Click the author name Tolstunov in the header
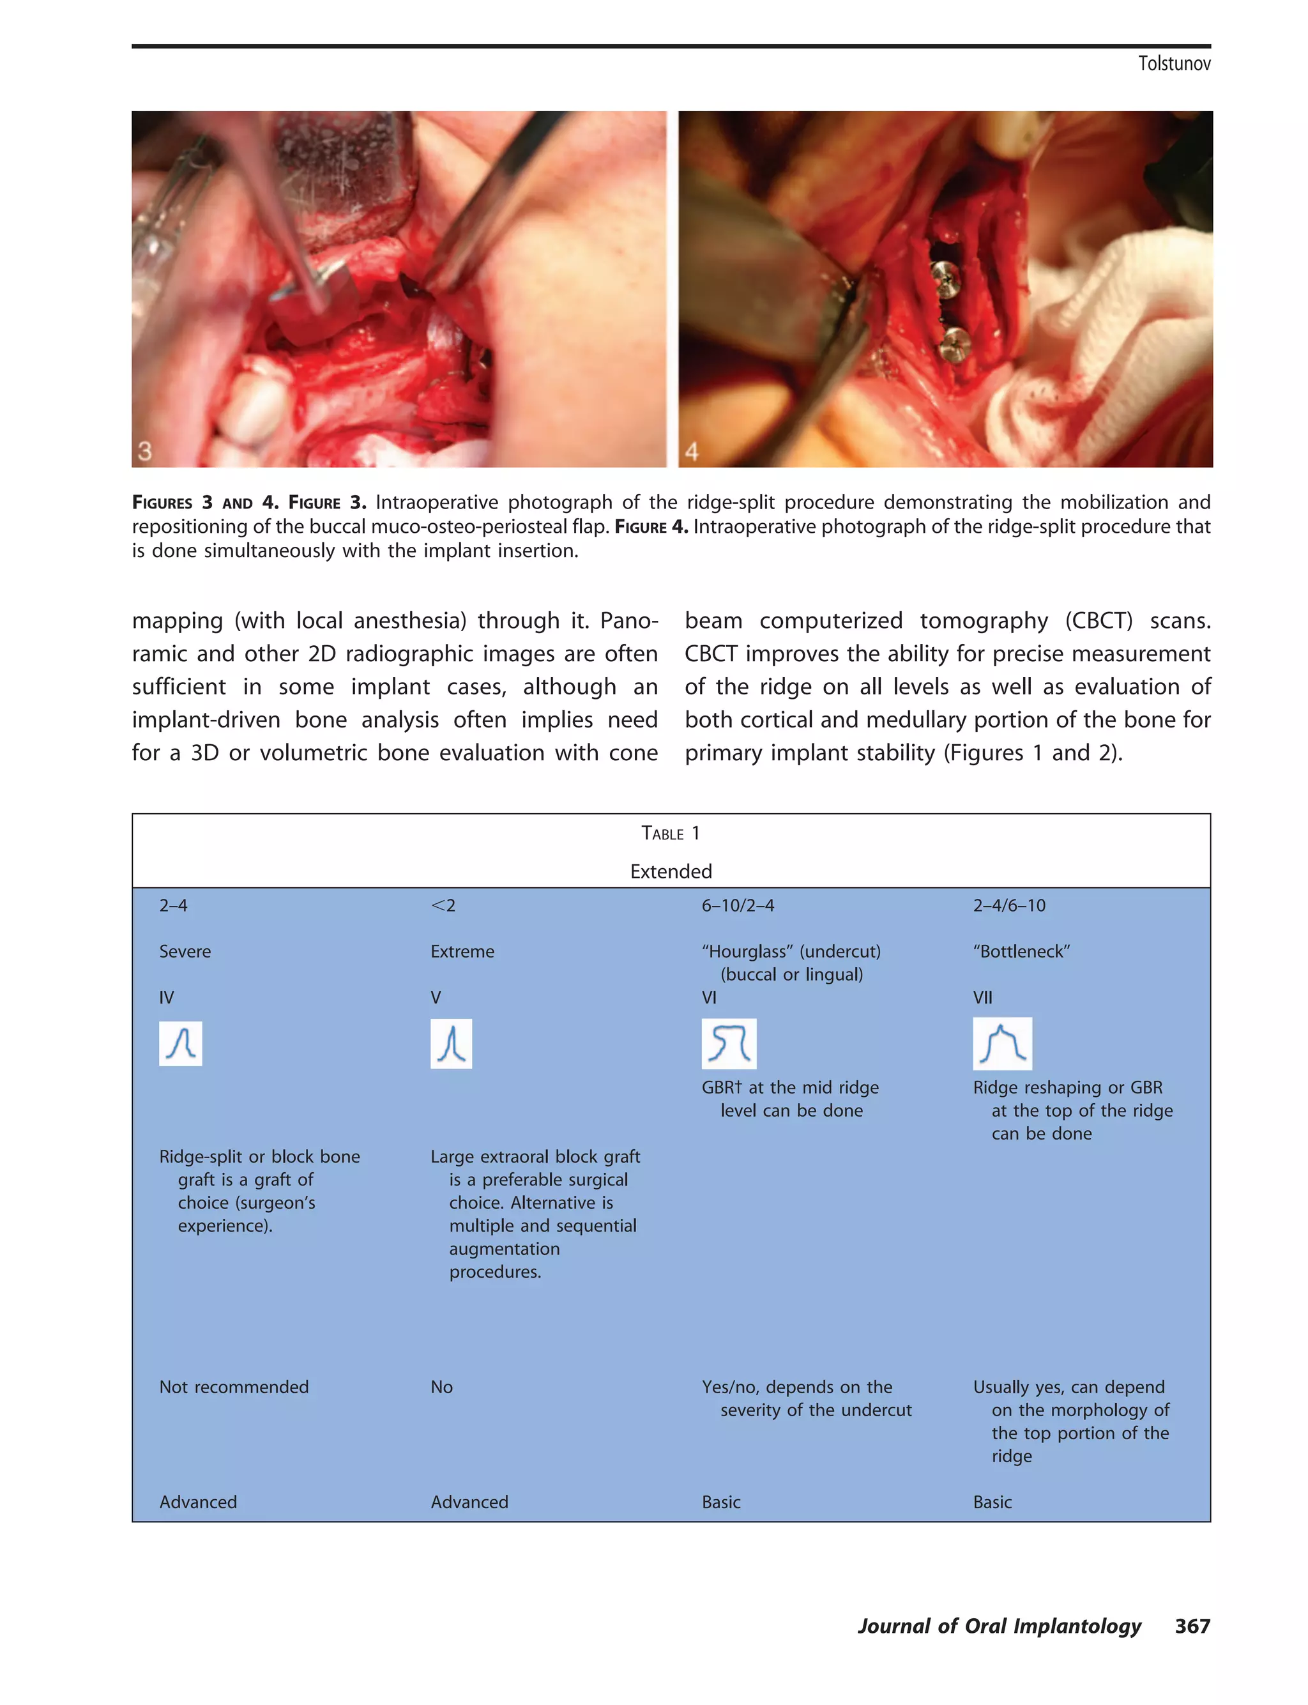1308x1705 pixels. point(1173,64)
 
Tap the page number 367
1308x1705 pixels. point(1192,1626)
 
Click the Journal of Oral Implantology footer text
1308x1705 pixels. point(999,1626)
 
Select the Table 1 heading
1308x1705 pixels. point(671,833)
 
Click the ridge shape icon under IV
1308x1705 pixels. point(181,1043)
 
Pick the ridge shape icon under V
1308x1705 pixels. point(451,1043)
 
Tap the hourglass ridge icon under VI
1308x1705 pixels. point(729,1043)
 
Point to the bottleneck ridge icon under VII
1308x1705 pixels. point(1002,1043)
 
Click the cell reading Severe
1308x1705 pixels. point(185,951)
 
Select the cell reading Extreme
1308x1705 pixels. point(462,951)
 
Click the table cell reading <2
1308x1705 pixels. point(443,905)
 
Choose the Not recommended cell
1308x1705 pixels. point(234,1387)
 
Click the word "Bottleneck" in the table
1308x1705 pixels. point(1021,951)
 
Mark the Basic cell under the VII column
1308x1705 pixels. point(992,1502)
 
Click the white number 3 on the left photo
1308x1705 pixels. point(145,451)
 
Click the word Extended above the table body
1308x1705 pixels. point(671,871)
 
